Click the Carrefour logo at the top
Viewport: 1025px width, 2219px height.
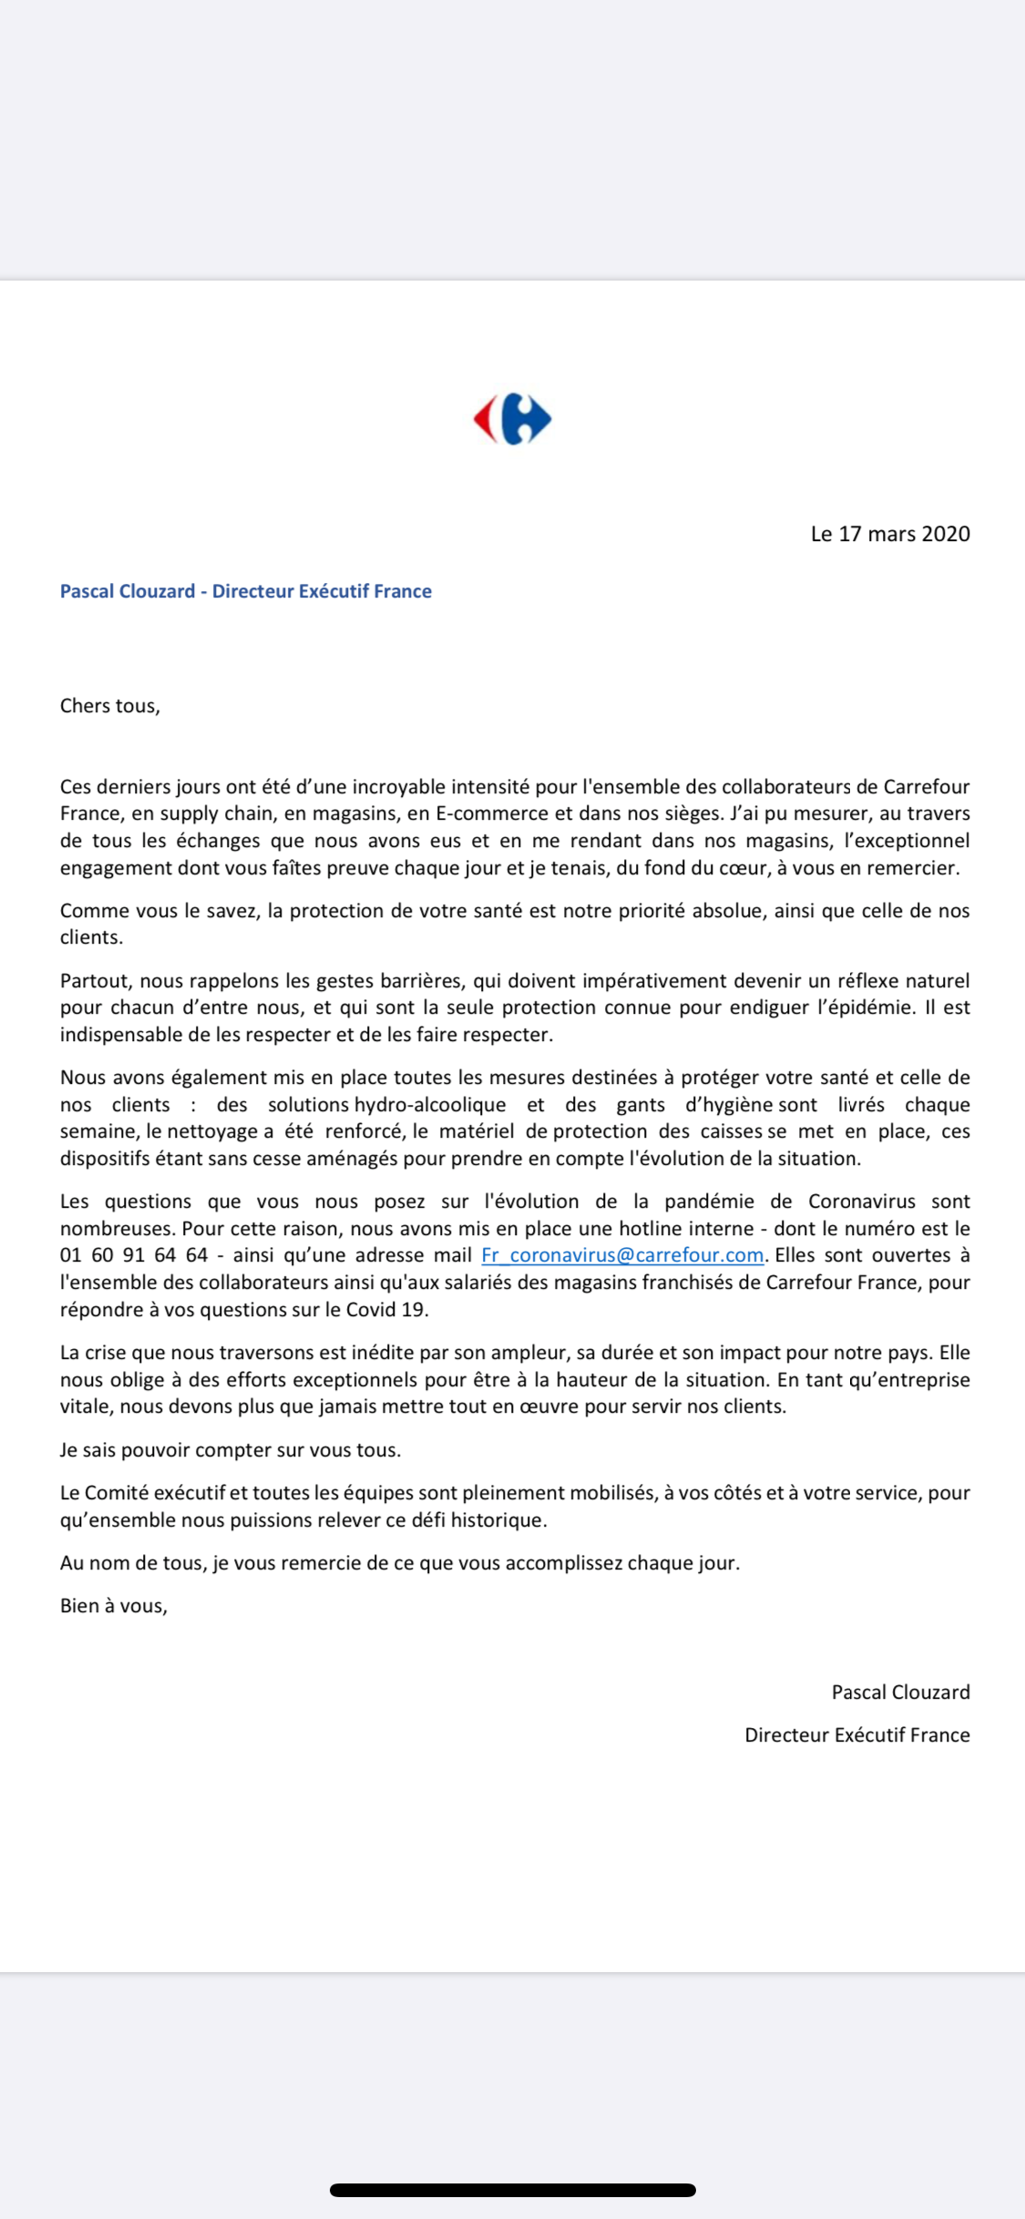pos(512,419)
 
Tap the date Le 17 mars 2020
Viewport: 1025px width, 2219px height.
pos(889,534)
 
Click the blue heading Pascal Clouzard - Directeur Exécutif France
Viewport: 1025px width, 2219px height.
pos(245,591)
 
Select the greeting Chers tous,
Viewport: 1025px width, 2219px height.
pos(109,706)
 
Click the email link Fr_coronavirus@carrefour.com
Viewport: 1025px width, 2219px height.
pos(622,1255)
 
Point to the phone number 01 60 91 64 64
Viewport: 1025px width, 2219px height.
pos(134,1255)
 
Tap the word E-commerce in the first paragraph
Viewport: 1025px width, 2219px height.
pos(487,813)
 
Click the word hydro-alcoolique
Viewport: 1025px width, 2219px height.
pos(429,1105)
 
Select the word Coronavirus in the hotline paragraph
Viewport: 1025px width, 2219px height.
pos(861,1202)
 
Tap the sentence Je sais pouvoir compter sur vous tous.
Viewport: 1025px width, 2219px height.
pos(231,1450)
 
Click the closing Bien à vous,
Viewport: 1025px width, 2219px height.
pos(114,1606)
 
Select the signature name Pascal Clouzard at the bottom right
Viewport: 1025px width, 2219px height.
pos(900,1692)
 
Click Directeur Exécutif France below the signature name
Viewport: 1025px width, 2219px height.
pos(856,1735)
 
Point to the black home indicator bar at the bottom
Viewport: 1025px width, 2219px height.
pos(512,2190)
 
